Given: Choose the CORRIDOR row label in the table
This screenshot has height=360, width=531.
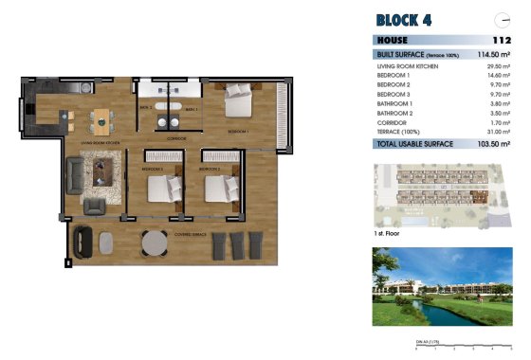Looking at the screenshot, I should (391, 123).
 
